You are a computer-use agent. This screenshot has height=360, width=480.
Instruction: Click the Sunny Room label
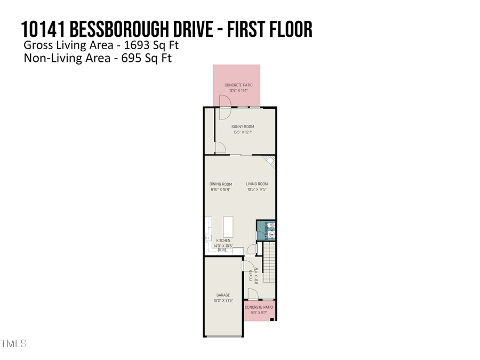coord(238,126)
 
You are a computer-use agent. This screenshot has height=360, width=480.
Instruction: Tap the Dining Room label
coord(220,184)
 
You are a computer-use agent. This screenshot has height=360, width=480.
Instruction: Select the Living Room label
coord(257,184)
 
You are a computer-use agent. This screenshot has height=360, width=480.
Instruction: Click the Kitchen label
coord(223,241)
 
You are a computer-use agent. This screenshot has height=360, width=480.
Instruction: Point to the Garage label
coord(223,294)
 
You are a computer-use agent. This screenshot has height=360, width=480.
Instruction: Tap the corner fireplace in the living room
coord(270,161)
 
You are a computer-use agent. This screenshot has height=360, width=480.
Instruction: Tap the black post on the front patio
coord(273,320)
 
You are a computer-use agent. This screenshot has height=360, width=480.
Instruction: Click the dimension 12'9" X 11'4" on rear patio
coord(238,91)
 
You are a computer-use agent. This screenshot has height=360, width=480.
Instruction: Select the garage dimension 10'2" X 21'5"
coord(223,301)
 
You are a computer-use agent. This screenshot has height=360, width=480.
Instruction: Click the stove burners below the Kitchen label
coord(222,250)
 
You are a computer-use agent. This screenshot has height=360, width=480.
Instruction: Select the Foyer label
coord(251,275)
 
